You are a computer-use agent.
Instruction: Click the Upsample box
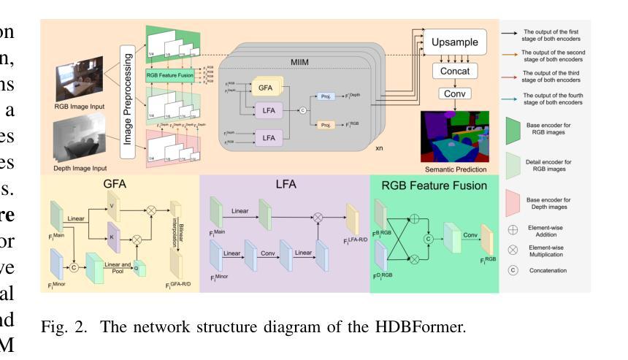pyautogui.click(x=456, y=42)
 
